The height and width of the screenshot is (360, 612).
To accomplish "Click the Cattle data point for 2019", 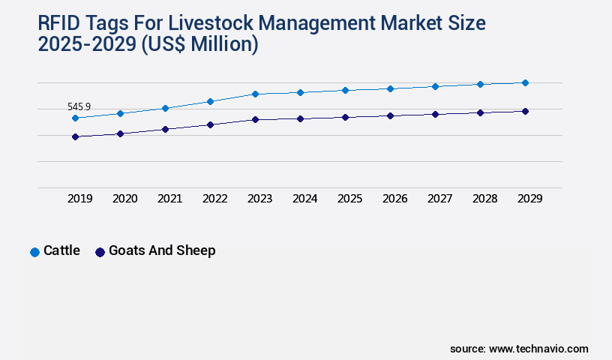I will [x=75, y=118].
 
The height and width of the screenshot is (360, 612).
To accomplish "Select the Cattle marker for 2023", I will [x=255, y=94].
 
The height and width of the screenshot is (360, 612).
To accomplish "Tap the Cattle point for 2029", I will [x=525, y=82].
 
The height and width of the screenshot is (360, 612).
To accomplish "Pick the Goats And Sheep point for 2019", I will [x=75, y=136].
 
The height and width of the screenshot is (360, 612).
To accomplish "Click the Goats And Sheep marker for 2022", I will [x=210, y=124].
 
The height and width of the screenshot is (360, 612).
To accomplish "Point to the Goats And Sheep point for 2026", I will [x=390, y=115].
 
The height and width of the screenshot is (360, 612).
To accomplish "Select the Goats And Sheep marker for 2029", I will [x=525, y=111].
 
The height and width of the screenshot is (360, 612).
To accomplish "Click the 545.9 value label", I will [x=79, y=107].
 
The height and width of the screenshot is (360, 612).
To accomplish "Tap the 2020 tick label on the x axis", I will [x=124, y=199].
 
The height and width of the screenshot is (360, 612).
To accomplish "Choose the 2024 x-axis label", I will [x=304, y=199].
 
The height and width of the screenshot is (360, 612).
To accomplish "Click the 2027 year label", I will [x=439, y=199].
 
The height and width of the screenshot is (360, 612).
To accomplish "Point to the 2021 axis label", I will [x=169, y=199].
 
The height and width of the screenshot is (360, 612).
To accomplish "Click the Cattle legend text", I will [x=61, y=250].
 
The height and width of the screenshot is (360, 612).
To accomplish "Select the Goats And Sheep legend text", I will [x=162, y=250].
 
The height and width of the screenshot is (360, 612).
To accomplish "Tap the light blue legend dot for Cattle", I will [x=34, y=252].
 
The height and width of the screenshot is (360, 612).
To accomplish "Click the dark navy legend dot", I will [x=100, y=252].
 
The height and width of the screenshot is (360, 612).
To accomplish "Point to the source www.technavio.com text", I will [x=519, y=349].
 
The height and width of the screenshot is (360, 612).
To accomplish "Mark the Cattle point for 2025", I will [x=345, y=90].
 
